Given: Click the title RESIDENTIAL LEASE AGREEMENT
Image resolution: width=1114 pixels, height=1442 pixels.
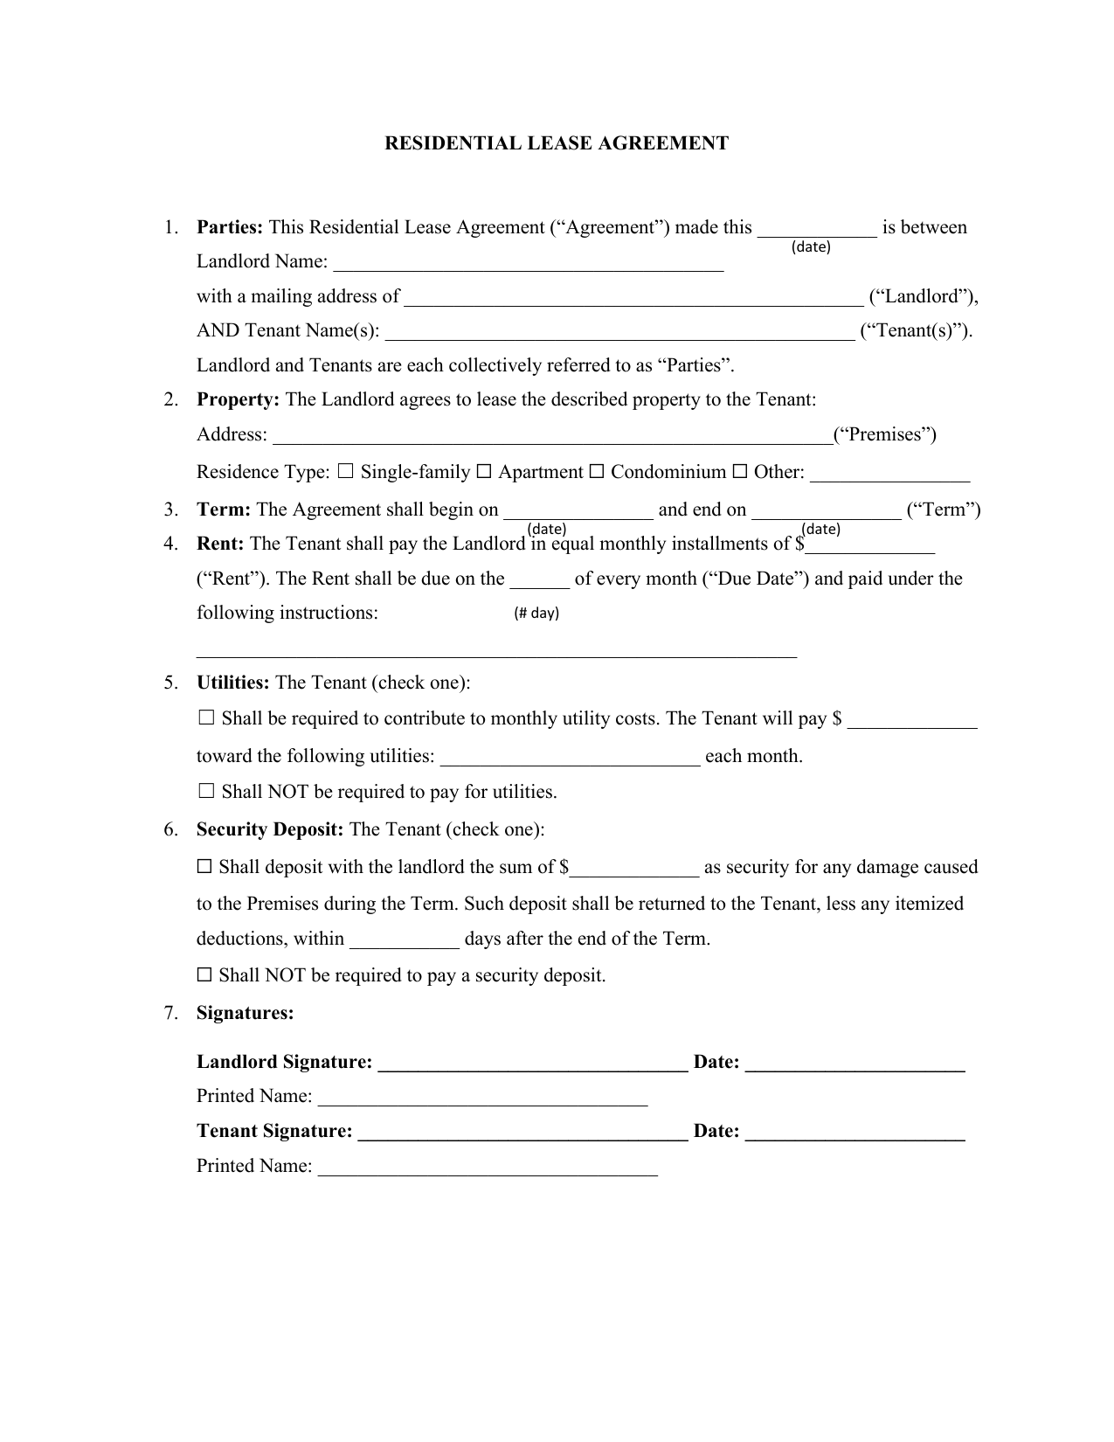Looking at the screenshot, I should (x=557, y=143).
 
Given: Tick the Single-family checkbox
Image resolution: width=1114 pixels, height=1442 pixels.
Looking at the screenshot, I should (x=345, y=472).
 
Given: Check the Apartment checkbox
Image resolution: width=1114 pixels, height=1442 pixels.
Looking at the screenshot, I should (x=484, y=472).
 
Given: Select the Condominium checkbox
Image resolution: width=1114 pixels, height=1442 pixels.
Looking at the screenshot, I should (x=597, y=472).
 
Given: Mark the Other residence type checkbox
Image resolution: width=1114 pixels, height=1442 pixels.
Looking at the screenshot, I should (x=739, y=472).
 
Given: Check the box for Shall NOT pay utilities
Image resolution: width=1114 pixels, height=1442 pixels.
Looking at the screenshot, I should (x=206, y=792).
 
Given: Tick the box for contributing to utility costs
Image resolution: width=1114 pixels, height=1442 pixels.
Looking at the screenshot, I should (x=206, y=718).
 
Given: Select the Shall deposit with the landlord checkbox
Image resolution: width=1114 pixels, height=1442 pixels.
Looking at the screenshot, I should (x=204, y=867).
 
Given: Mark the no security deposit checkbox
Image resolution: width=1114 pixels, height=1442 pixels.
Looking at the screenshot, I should (x=204, y=974).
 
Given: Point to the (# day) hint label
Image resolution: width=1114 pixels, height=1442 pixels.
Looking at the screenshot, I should (x=536, y=613).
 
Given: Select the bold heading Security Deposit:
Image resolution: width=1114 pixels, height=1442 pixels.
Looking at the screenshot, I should (x=270, y=829).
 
